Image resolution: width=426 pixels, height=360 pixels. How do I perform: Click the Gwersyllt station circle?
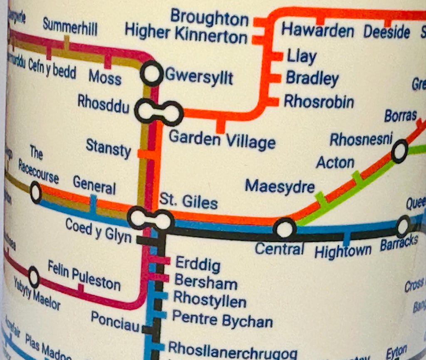pos(151,74)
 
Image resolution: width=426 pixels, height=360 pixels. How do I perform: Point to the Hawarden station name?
pos(317,30)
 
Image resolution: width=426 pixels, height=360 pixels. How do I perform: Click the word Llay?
pos(301,57)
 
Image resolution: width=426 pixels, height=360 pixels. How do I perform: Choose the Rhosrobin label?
pos(319,101)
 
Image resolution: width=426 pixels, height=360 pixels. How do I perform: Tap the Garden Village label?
pos(222,140)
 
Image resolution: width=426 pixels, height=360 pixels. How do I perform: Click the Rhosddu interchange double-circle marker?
pos(159,112)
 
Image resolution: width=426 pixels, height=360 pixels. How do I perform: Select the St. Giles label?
pos(188,202)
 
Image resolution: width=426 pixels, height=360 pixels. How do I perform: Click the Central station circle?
pos(285,229)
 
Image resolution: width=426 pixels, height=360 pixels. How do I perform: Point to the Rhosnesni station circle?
pos(400,151)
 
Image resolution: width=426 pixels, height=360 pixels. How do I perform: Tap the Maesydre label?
pos(280,186)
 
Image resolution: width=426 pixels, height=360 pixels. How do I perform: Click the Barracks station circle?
pos(403,226)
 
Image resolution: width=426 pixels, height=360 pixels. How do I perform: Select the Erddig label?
pos(198,264)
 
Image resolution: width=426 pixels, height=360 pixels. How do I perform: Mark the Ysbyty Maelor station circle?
pos(34,278)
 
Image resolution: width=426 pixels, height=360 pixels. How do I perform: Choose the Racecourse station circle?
pos(36,193)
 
